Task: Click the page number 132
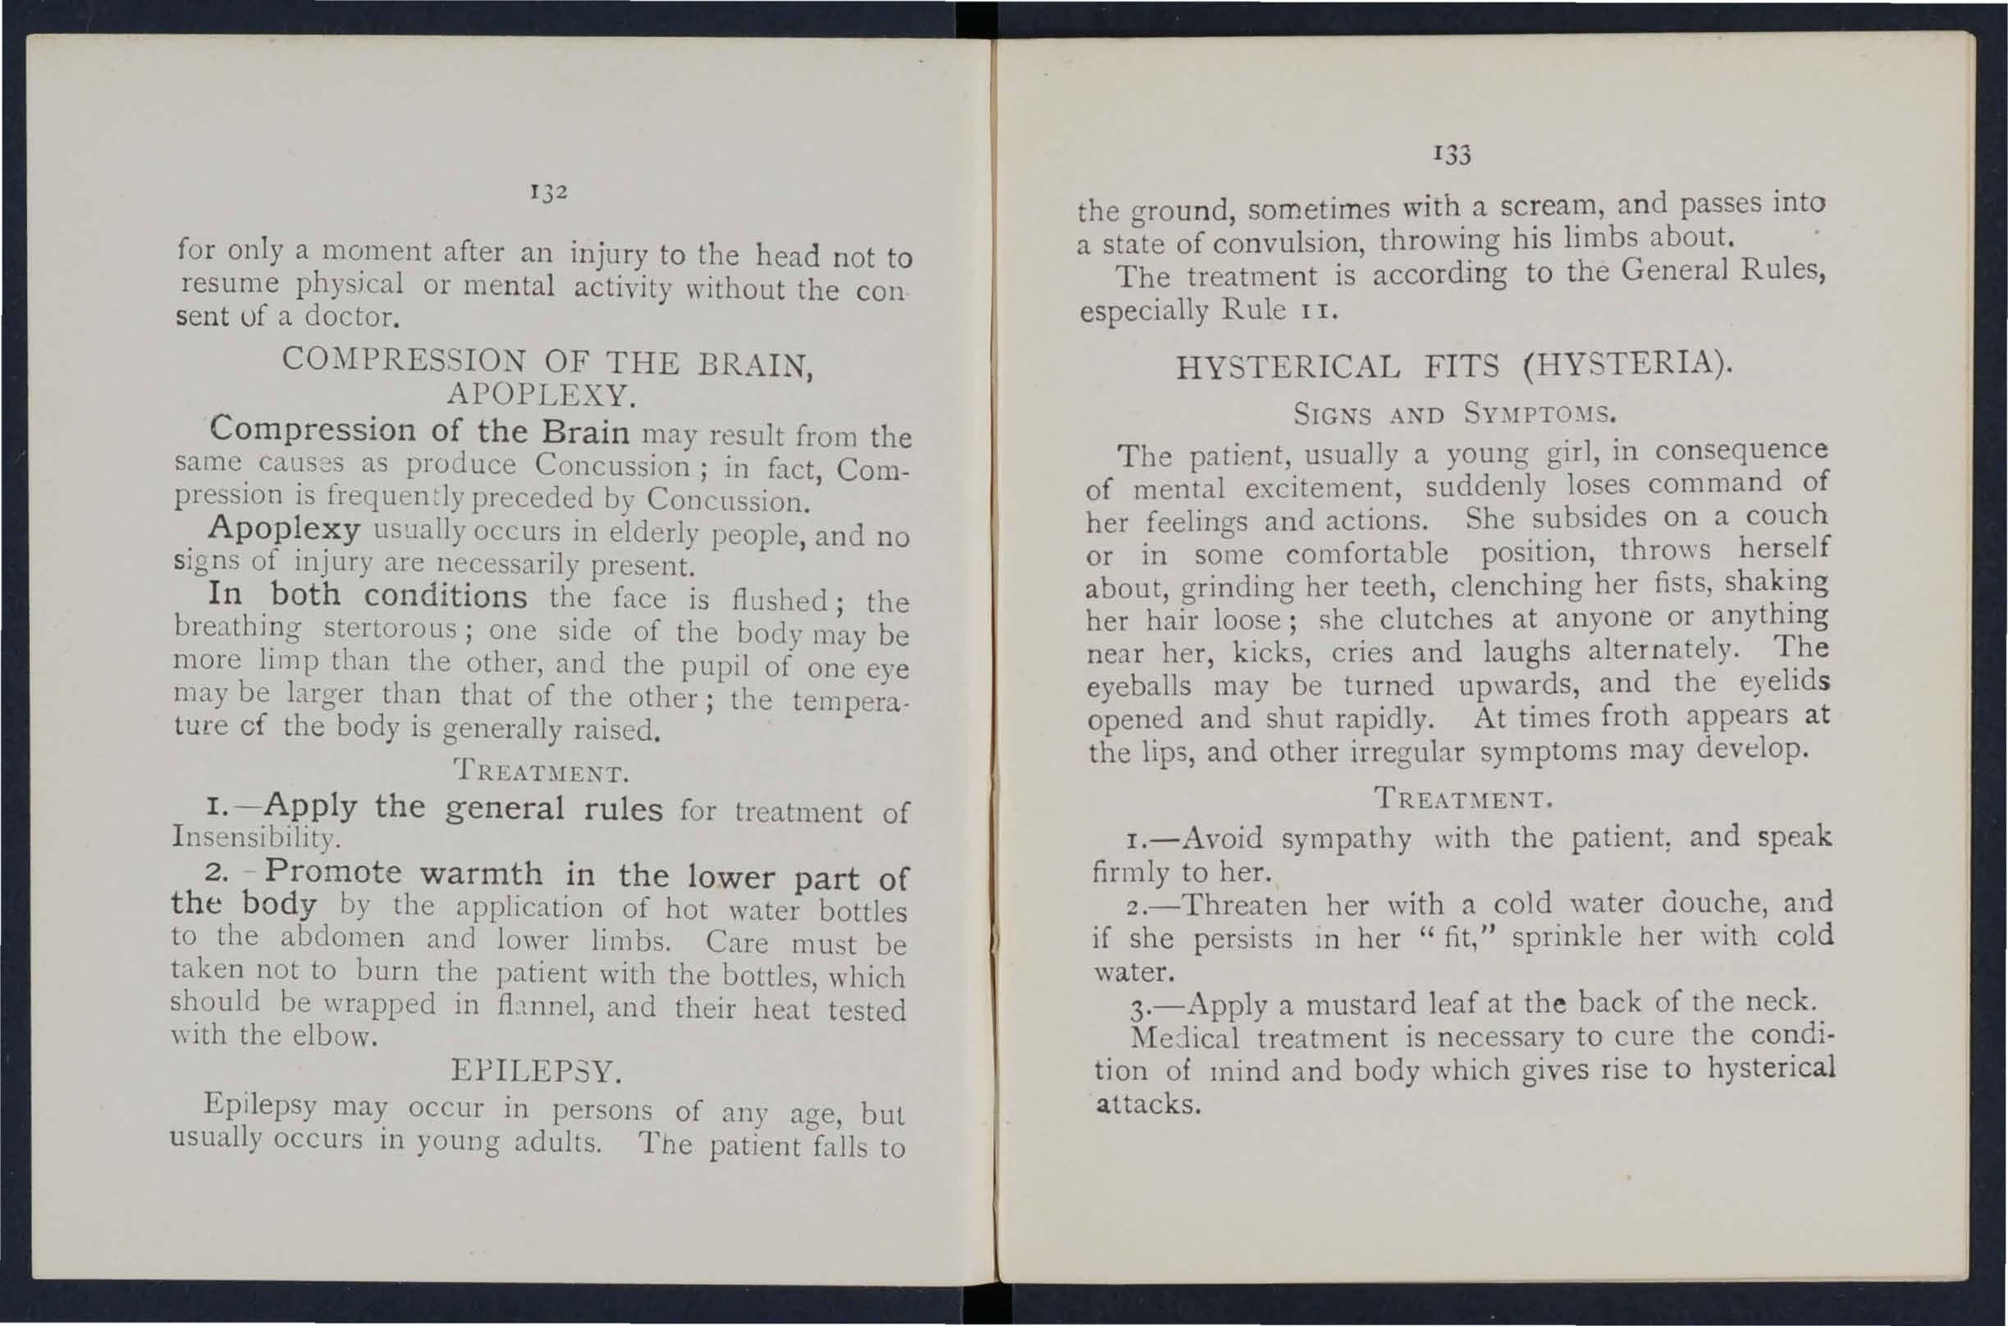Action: click(548, 192)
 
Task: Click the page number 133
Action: click(1452, 154)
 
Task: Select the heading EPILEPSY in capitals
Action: click(537, 1072)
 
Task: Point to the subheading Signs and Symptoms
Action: click(1454, 415)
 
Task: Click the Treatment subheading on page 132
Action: click(540, 772)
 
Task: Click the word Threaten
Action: click(1244, 906)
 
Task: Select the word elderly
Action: click(652, 533)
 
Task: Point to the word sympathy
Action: click(1346, 839)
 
